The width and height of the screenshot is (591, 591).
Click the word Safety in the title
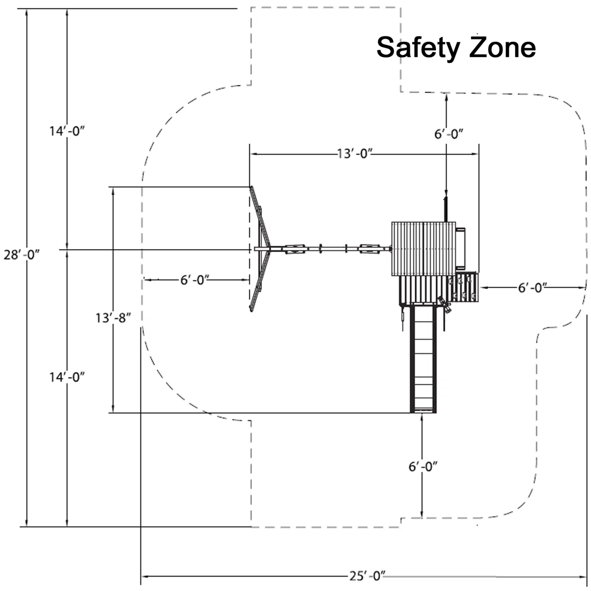[x=418, y=48]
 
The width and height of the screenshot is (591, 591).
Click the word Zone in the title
[x=502, y=47]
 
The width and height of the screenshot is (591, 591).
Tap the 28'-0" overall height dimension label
[x=22, y=255]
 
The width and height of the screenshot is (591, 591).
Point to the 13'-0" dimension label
[x=355, y=154]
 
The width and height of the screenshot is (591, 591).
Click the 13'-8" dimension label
[x=113, y=318]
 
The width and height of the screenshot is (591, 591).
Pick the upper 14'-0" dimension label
[x=67, y=131]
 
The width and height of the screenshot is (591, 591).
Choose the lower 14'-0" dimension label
[x=67, y=377]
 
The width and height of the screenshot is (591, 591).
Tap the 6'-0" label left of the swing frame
[x=195, y=280]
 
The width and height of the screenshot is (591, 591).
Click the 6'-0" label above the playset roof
[x=449, y=134]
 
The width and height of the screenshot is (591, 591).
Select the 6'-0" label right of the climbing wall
[x=532, y=288]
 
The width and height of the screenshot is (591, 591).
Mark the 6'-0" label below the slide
[x=423, y=466]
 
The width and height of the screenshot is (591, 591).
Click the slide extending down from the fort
[x=423, y=358]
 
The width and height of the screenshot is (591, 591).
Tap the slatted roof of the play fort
[x=424, y=249]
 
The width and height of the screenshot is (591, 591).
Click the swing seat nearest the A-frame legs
[x=295, y=249]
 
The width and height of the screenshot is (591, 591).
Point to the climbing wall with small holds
[x=464, y=287]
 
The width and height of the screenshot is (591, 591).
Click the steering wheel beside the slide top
[x=444, y=304]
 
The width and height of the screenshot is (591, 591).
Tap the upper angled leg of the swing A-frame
[x=260, y=216]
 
